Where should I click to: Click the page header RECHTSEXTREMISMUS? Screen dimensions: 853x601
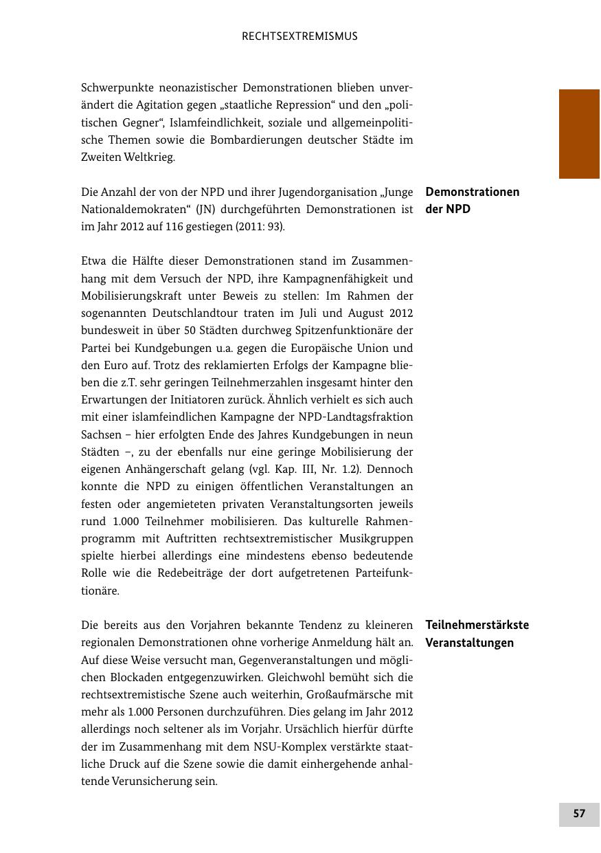(299, 36)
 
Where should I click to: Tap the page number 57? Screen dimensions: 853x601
(579, 814)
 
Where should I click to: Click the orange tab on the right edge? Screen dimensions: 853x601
(579, 134)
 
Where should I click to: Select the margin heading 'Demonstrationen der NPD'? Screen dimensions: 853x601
(473, 200)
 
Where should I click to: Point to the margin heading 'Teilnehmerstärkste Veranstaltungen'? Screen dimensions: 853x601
(477, 634)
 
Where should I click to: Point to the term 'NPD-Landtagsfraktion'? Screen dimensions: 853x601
(355, 417)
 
